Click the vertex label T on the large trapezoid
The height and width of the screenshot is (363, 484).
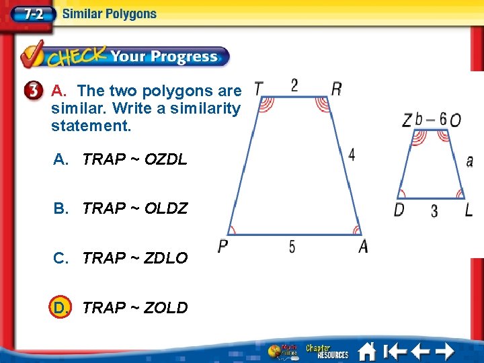coord(259,89)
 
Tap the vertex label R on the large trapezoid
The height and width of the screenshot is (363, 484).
coord(337,89)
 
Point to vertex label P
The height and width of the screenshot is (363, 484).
coord(223,247)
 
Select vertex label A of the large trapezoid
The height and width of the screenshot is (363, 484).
coord(363,247)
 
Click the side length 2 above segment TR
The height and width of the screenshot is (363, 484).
coord(294,85)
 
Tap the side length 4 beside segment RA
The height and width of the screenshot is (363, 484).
coord(352,155)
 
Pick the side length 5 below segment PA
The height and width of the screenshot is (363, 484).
coord(292,247)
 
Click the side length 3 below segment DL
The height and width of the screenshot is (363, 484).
coord(434,211)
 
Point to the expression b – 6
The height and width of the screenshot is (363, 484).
coord(431,120)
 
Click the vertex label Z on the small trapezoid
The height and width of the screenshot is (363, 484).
coord(407,120)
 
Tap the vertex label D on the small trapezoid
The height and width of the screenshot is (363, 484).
coord(399,210)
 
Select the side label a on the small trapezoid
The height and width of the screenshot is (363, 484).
coord(469,161)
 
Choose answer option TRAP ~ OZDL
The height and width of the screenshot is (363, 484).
coord(134,159)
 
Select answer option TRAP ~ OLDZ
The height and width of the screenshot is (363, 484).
coord(134,208)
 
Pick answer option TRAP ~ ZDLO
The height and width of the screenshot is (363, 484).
coord(134,258)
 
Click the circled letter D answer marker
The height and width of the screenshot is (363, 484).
coord(61,308)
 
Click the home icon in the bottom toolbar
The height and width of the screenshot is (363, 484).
coord(367,351)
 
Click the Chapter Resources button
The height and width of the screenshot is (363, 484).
coord(327,351)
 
